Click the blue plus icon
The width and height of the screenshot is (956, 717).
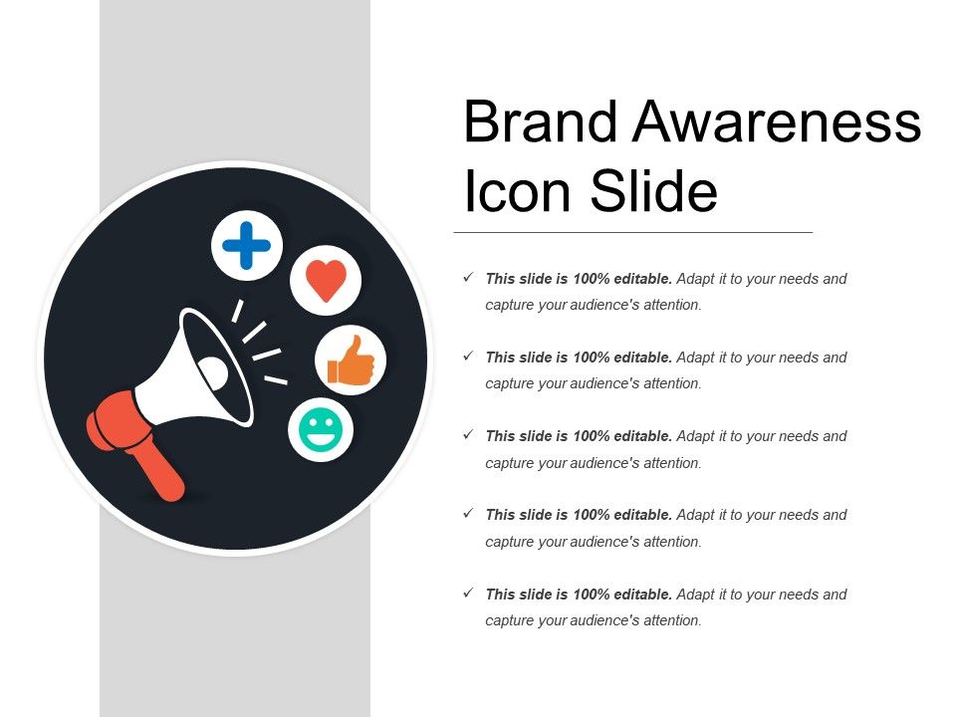[x=247, y=245]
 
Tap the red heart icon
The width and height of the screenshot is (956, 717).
[x=326, y=280]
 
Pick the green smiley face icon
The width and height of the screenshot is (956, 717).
[x=321, y=430]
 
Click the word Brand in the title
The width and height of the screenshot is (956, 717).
[x=539, y=121]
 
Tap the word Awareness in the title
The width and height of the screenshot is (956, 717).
[x=778, y=121]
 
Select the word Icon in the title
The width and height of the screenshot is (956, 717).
[x=518, y=191]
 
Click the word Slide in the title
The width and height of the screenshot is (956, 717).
[x=653, y=191]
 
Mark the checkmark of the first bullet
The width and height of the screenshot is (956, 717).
[x=468, y=278]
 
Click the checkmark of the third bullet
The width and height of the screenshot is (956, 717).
[x=468, y=435]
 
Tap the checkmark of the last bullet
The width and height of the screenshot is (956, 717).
[x=468, y=594]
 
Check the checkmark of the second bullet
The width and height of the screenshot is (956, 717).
[x=468, y=357]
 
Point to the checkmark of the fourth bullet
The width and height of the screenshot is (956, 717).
[x=468, y=514]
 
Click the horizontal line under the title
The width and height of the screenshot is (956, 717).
[x=633, y=232]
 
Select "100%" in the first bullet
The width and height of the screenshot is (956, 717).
[x=592, y=279]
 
